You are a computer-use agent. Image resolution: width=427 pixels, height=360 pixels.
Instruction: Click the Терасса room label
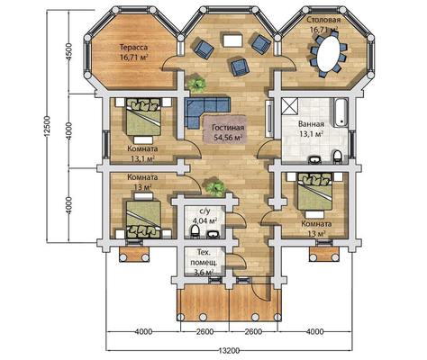tap(133, 48)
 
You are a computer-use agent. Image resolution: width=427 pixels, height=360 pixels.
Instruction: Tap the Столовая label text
tap(323, 20)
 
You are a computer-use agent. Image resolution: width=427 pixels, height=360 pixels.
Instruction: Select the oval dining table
tap(329, 53)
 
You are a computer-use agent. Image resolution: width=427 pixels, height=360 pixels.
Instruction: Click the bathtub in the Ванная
tap(341, 112)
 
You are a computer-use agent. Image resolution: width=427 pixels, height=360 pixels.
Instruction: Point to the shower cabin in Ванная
tap(290, 106)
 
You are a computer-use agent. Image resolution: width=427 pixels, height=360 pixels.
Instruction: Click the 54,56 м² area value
tap(228, 138)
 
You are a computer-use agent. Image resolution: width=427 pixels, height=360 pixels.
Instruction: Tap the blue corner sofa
tap(204, 111)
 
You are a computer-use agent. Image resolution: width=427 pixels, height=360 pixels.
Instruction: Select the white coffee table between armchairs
tap(232, 40)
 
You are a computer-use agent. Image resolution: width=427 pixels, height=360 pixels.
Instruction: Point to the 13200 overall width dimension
tap(230, 350)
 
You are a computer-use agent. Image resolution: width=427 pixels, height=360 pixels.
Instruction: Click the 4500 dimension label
tap(69, 51)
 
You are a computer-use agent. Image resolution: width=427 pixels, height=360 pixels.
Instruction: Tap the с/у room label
tap(204, 211)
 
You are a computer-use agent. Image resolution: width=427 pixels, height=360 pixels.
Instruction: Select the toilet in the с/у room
tap(195, 232)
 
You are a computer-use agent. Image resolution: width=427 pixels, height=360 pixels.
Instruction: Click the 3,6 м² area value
tap(203, 272)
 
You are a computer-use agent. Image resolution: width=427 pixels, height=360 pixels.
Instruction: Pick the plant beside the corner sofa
tap(196, 85)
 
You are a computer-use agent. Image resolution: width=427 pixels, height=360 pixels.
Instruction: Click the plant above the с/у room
tap(215, 188)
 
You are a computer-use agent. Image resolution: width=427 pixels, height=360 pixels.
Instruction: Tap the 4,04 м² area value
tap(204, 221)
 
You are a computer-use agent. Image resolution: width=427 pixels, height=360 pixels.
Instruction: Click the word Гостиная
tap(228, 128)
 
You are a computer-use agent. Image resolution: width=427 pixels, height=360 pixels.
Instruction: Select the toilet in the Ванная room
tap(338, 157)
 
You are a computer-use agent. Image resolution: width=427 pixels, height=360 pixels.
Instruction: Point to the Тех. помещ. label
tap(204, 257)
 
